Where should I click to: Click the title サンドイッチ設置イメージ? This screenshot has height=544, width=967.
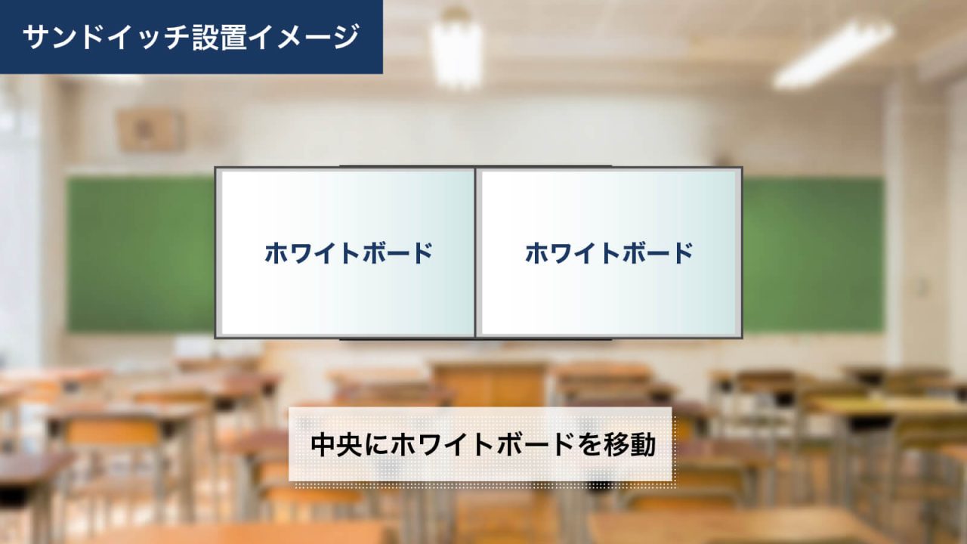click(x=190, y=37)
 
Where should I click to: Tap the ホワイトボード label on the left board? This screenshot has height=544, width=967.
click(x=348, y=252)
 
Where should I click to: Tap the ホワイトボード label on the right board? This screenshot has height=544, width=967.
click(x=609, y=252)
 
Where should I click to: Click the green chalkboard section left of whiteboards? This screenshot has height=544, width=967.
click(x=141, y=254)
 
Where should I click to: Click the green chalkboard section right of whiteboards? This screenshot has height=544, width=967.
click(x=813, y=254)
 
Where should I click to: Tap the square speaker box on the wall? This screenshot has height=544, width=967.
click(x=150, y=129)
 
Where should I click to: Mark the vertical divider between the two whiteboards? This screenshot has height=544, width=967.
click(x=476, y=252)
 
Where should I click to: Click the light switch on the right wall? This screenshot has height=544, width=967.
click(x=920, y=286)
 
